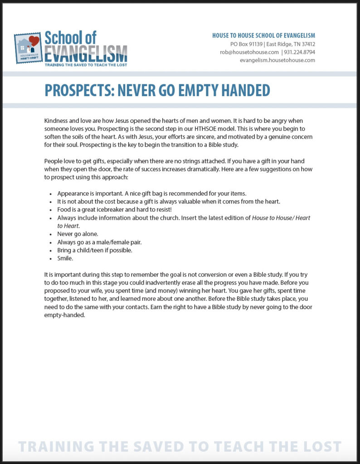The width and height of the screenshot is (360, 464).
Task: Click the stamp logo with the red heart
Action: tap(29, 48)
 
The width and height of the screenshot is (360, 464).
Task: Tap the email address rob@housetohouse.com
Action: tap(249, 52)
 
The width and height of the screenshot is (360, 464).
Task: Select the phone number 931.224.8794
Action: tap(300, 52)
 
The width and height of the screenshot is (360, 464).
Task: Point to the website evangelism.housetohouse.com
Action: tap(277, 60)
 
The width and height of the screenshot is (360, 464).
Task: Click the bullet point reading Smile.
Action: tap(64, 258)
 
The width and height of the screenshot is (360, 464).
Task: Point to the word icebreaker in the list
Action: tap(107, 210)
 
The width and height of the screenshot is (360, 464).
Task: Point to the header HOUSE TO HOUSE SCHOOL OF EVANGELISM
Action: tap(263, 35)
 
